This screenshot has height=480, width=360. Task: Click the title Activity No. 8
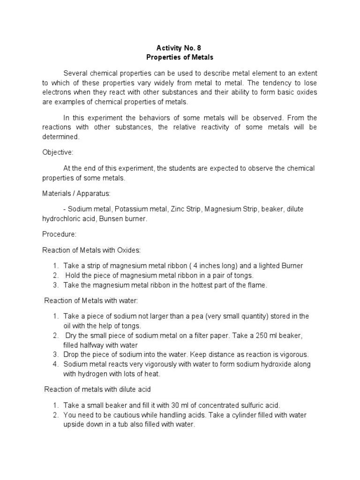[180, 48]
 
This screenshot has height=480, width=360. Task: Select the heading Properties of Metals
[180, 57]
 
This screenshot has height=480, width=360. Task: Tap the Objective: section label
[59, 152]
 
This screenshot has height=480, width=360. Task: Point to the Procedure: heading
[59, 234]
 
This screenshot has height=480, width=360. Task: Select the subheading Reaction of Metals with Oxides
[91, 250]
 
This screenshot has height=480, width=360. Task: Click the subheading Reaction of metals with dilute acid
[97, 389]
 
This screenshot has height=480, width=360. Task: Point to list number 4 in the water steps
[55, 364]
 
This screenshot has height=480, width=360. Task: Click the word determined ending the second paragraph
[61, 137]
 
